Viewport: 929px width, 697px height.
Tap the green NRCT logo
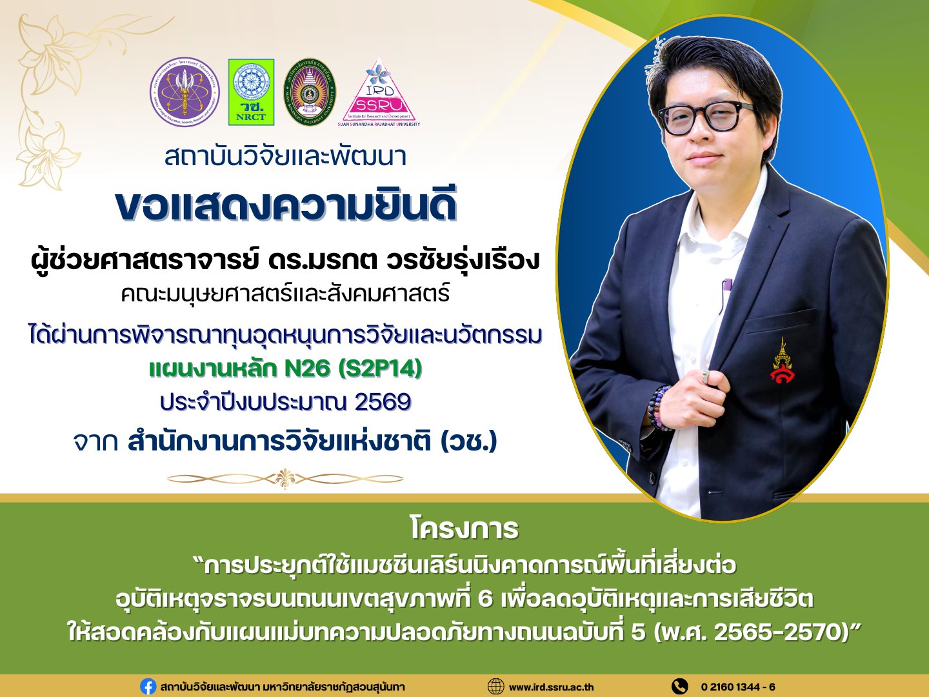click(251, 92)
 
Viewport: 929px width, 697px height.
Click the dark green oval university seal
click(310, 92)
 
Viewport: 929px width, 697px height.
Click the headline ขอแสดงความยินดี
click(286, 207)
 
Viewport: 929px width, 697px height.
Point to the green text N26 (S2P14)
click(353, 369)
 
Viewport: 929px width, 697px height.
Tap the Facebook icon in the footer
click(148, 687)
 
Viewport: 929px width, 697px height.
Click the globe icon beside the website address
click(495, 687)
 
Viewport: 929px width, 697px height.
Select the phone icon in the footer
click(680, 687)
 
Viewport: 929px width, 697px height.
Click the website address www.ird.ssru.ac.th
click(551, 687)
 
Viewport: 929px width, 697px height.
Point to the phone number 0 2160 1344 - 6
click(738, 687)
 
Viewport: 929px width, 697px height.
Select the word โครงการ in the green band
click(464, 529)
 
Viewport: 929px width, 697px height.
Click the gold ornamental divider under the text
click(285, 479)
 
